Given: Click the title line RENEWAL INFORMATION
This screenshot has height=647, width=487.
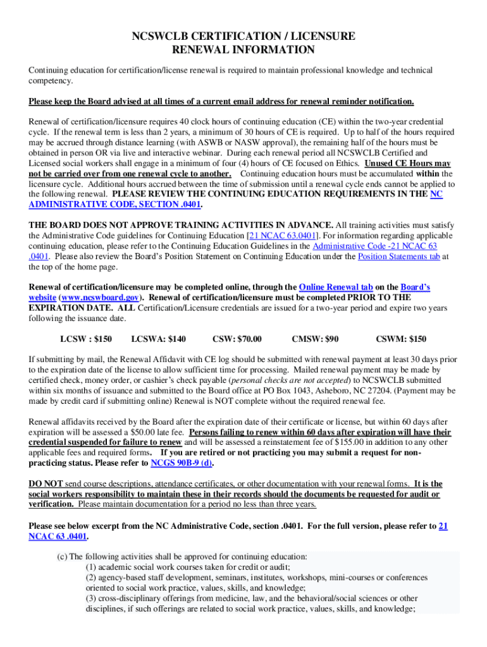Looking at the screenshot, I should coord(244,50).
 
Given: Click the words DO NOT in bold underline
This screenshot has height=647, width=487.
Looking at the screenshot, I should coord(46,484).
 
